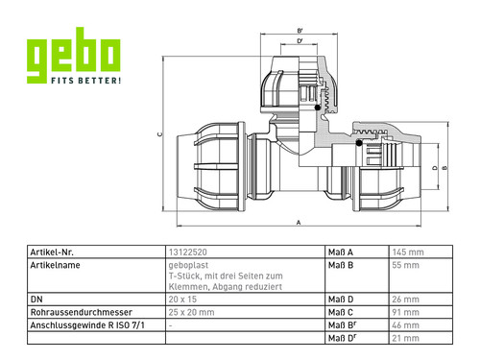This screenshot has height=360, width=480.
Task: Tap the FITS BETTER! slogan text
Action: coord(86,80)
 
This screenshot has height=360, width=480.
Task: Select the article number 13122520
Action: coord(188,252)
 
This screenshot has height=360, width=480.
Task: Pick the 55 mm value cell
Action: coord(405,265)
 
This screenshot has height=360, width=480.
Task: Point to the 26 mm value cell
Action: coord(405,300)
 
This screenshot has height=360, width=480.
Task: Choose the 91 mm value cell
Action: coord(405,312)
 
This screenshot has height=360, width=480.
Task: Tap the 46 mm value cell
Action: coord(405,325)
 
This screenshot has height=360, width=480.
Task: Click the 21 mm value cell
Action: coord(405,338)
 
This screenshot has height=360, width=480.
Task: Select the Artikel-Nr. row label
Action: coord(52,252)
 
